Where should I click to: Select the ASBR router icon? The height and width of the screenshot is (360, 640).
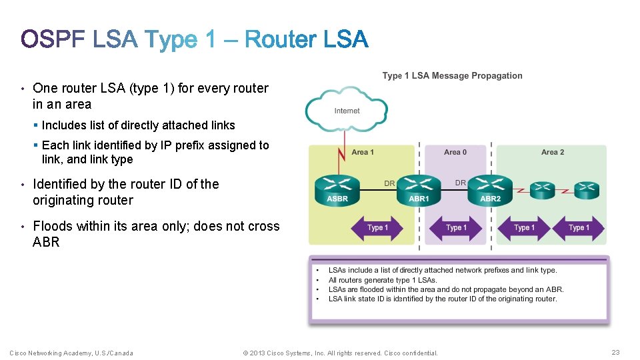click(337, 188)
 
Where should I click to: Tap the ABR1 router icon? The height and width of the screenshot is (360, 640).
click(419, 188)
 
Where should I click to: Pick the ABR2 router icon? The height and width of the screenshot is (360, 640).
click(491, 188)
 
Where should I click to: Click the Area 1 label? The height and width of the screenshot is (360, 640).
click(363, 153)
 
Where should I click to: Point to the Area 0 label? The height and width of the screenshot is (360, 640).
click(455, 153)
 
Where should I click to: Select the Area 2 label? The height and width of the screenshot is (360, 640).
click(553, 153)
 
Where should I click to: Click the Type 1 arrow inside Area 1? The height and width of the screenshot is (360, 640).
click(377, 228)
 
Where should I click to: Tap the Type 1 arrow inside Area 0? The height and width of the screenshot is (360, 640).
click(456, 228)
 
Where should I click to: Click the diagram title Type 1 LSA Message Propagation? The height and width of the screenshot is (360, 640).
click(452, 76)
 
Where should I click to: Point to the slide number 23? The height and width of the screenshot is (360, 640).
click(615, 353)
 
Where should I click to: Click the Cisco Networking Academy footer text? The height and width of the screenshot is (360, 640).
click(71, 353)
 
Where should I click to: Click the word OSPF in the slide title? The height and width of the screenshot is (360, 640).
click(53, 40)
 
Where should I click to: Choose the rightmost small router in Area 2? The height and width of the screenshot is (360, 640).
click(587, 189)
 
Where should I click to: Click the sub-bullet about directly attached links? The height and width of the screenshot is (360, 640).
click(138, 125)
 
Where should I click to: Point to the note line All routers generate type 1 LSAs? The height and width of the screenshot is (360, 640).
click(383, 280)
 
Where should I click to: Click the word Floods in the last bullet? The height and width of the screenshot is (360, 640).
click(53, 227)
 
